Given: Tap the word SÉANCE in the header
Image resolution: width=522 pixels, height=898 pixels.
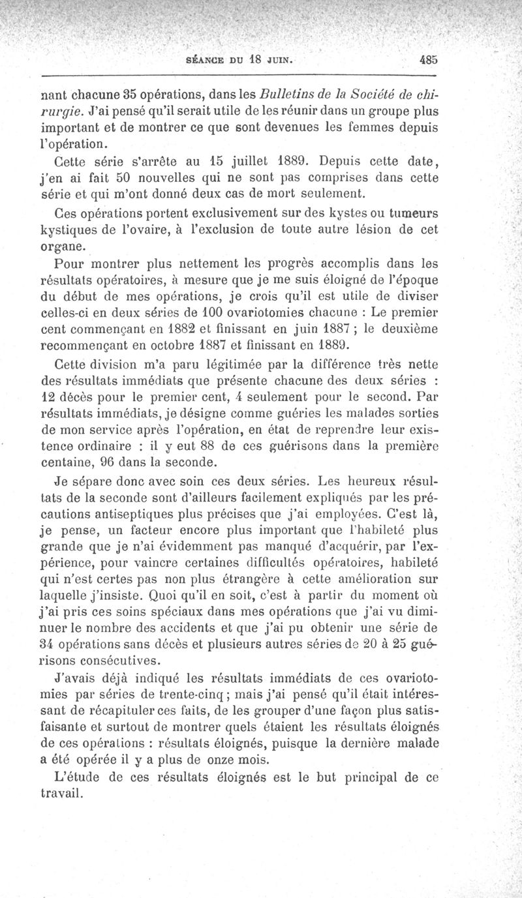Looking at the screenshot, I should [x=207, y=58].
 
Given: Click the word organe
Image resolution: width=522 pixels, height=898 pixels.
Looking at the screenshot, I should [x=61, y=248].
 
